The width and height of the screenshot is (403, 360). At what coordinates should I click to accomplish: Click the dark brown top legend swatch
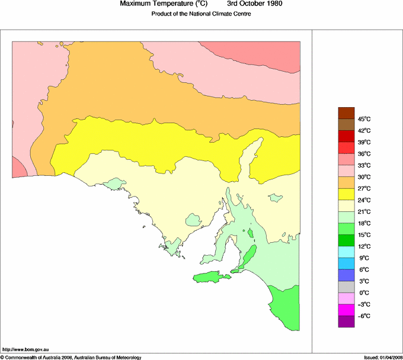tap(346, 113)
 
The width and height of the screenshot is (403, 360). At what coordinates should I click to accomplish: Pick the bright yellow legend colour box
tap(346, 194)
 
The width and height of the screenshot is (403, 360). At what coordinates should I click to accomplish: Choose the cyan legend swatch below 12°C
tap(346, 252)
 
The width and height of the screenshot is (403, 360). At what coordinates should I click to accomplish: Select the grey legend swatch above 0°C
tap(346, 287)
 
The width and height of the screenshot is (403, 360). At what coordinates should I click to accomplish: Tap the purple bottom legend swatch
tap(346, 322)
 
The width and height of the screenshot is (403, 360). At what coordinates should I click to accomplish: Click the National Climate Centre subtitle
tap(201, 14)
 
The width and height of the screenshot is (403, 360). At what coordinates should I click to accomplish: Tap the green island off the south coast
tap(211, 277)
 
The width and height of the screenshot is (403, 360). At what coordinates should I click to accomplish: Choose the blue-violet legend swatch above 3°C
tap(346, 275)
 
